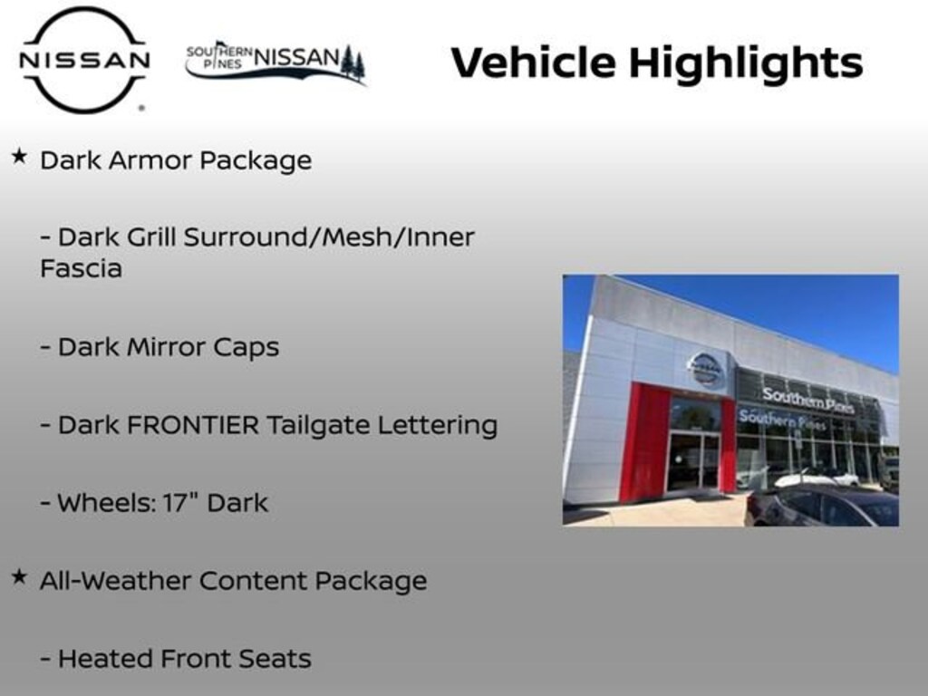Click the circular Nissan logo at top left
pos(84,60)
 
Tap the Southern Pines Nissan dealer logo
pos(275,62)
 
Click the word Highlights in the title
pos(745,63)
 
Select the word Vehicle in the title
pos(533,63)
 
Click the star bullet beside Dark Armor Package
pos(18,157)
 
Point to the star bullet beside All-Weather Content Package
pos(18,576)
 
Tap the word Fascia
pos(81,268)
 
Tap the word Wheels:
pos(95,503)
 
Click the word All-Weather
pos(113,581)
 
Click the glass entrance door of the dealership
pos(693,459)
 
